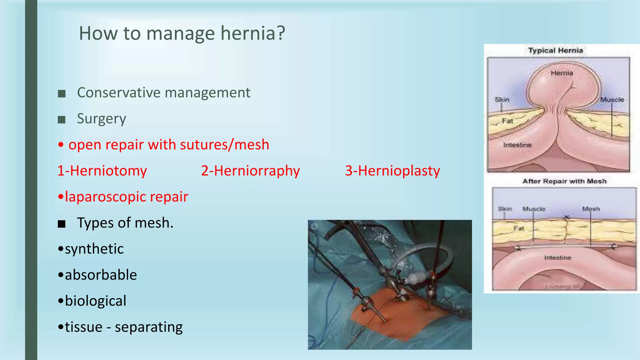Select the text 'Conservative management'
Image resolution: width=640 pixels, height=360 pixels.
coord(163,93)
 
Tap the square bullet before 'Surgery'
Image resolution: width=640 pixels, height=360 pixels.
coord(62,119)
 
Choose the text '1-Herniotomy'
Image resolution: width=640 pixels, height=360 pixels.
coord(102,171)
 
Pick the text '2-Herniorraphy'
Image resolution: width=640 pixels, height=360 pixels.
coord(250,171)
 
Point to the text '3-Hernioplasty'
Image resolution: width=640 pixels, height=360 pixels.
coord(392,171)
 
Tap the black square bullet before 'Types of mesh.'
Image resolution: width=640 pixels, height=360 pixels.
coord(62,224)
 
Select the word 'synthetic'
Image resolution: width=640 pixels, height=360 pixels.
coord(94,249)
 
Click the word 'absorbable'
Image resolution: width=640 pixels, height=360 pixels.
coord(101,275)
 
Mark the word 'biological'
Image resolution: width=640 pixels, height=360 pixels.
coord(95,301)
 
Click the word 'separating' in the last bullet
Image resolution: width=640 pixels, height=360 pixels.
coord(149,327)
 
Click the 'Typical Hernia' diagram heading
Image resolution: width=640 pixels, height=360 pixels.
coord(555,51)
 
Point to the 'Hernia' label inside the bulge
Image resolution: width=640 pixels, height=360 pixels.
coord(562,73)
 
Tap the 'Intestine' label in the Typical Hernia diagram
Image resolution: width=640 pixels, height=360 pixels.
coord(517,145)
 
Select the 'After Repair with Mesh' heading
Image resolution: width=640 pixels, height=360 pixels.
coord(564,181)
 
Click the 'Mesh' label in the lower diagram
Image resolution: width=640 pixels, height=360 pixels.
coord(591,209)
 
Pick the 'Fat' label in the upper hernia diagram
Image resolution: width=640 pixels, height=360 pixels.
coord(507,121)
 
